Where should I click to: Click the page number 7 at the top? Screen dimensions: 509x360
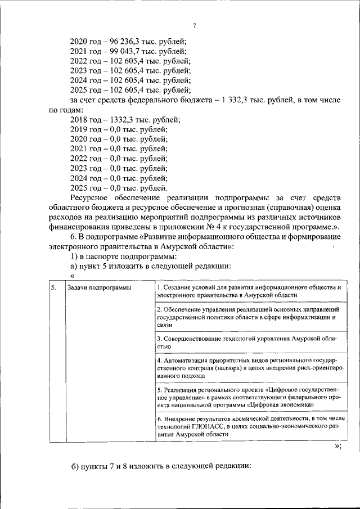pyautogui.click(x=194, y=26)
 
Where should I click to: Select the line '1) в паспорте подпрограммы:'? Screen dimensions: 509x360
pyautogui.click(x=115, y=256)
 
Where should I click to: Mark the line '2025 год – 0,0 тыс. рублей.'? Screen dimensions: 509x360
pyautogui.click(x=119, y=187)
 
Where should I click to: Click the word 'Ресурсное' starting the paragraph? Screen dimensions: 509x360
pyautogui.click(x=90, y=197)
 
